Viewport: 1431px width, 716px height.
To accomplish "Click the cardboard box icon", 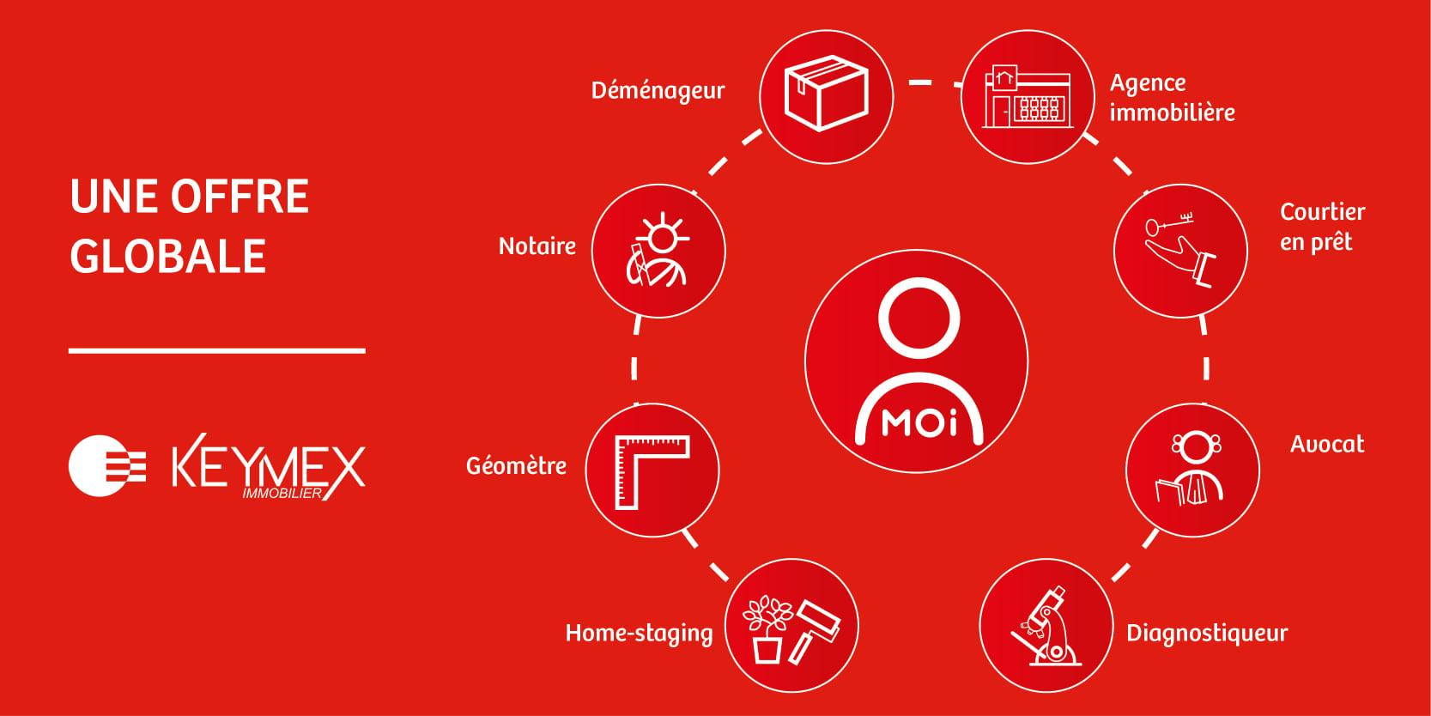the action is click(826, 94).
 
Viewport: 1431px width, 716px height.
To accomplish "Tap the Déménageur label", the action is click(658, 91).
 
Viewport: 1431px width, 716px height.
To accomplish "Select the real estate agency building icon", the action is click(1028, 96).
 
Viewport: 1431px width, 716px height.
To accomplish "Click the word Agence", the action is click(1148, 83).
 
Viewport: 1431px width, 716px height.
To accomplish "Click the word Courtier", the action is click(1322, 211).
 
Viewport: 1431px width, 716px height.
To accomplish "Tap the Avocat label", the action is click(1327, 444).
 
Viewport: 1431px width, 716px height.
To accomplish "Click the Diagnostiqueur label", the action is click(1207, 633).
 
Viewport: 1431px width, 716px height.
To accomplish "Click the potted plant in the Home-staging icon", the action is click(767, 630).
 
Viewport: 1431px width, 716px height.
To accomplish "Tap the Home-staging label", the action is click(639, 633).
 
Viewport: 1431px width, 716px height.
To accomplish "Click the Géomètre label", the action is click(516, 465).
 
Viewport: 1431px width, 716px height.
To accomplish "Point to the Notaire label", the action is click(537, 246).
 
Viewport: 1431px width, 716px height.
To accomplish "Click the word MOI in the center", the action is click(919, 422).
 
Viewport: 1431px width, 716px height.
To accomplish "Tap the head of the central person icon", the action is click(919, 318).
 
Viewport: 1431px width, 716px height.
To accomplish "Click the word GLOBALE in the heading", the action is click(167, 256).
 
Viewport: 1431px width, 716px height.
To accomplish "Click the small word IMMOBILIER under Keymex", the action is click(282, 494).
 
